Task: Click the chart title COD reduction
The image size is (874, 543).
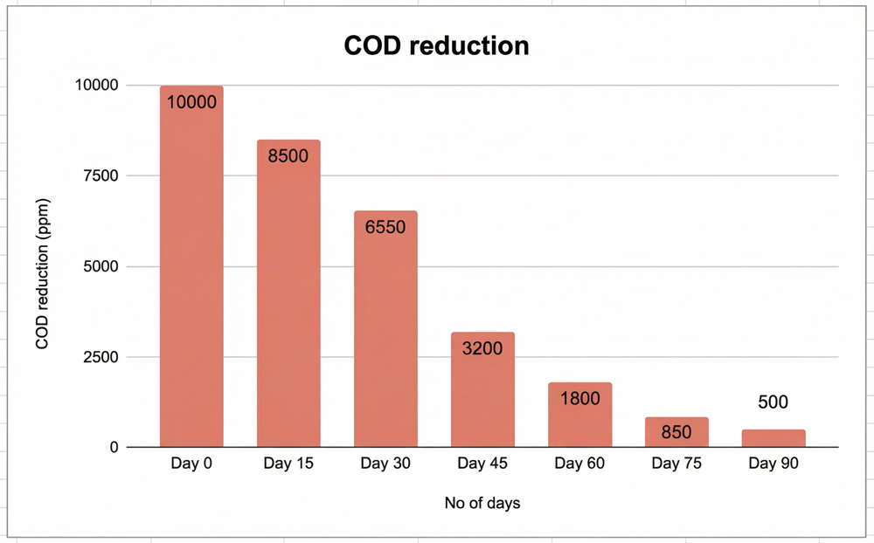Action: [x=436, y=45]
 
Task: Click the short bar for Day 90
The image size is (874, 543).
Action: [x=773, y=438]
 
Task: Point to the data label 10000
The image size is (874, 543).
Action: [x=191, y=102]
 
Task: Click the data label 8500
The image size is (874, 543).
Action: [x=288, y=156]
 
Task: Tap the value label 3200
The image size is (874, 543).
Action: [x=482, y=348]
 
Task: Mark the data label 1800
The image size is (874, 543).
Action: [x=579, y=399]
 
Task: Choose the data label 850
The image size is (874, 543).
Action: [x=676, y=432]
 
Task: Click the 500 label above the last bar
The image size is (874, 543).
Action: [x=773, y=402]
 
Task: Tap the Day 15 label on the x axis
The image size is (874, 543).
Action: [x=288, y=464]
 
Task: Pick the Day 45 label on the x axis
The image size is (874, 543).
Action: [x=482, y=464]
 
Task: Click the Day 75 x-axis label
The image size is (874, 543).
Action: [x=676, y=464]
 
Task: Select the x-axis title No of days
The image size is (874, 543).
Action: [x=482, y=503]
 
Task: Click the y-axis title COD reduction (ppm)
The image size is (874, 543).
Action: [x=42, y=267]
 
